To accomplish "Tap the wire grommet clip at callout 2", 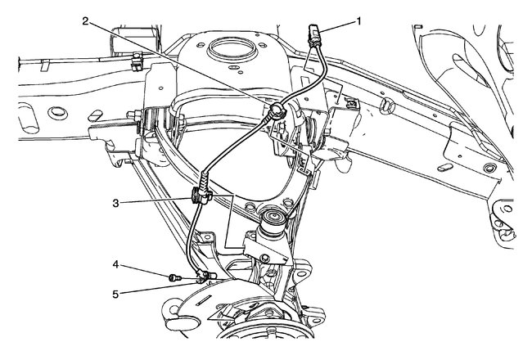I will [278, 111].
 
